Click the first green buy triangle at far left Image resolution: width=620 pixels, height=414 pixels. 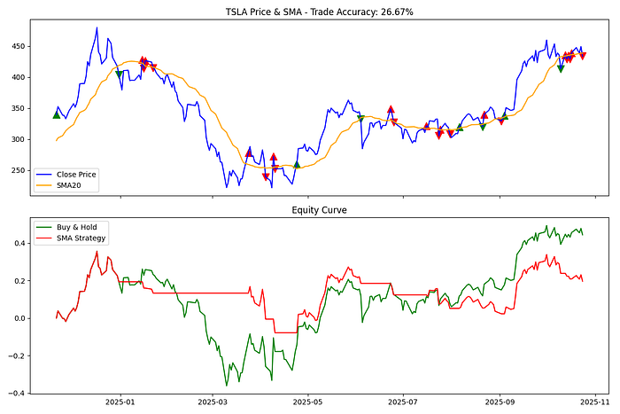click(57, 114)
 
